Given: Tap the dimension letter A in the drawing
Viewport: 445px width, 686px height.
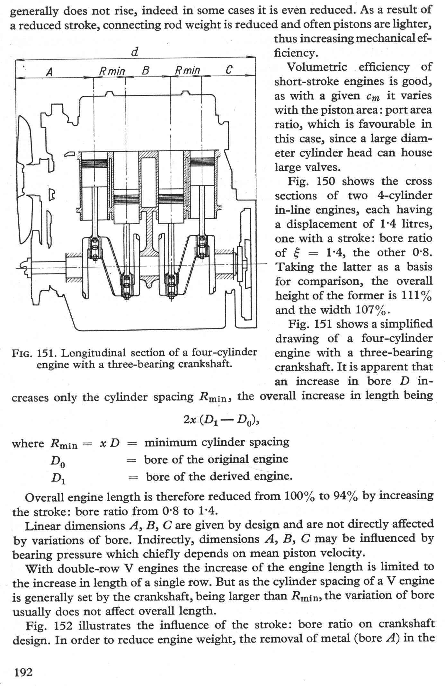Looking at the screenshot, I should click(49, 71).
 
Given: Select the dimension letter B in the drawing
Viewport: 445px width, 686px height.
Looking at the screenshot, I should click(145, 70).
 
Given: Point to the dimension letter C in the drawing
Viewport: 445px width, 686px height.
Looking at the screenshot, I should click(228, 70).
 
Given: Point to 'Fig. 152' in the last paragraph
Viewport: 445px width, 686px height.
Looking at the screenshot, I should click(49, 626).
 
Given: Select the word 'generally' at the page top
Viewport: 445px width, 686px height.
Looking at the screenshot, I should click(34, 12).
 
